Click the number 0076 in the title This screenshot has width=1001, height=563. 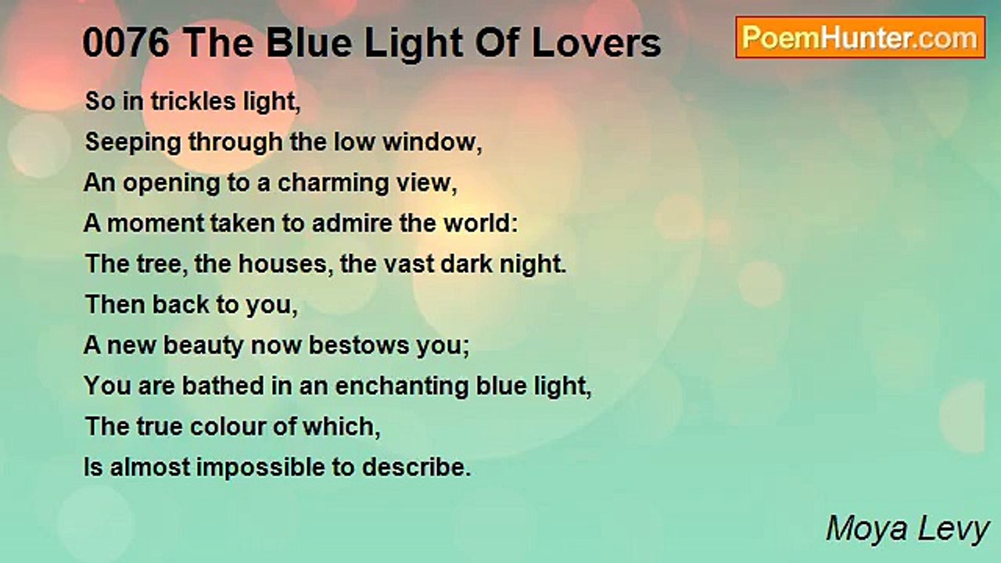click(x=126, y=44)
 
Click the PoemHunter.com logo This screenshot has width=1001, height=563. click(x=860, y=38)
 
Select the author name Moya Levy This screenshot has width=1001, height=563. click(x=908, y=529)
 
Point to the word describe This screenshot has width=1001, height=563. click(x=415, y=468)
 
